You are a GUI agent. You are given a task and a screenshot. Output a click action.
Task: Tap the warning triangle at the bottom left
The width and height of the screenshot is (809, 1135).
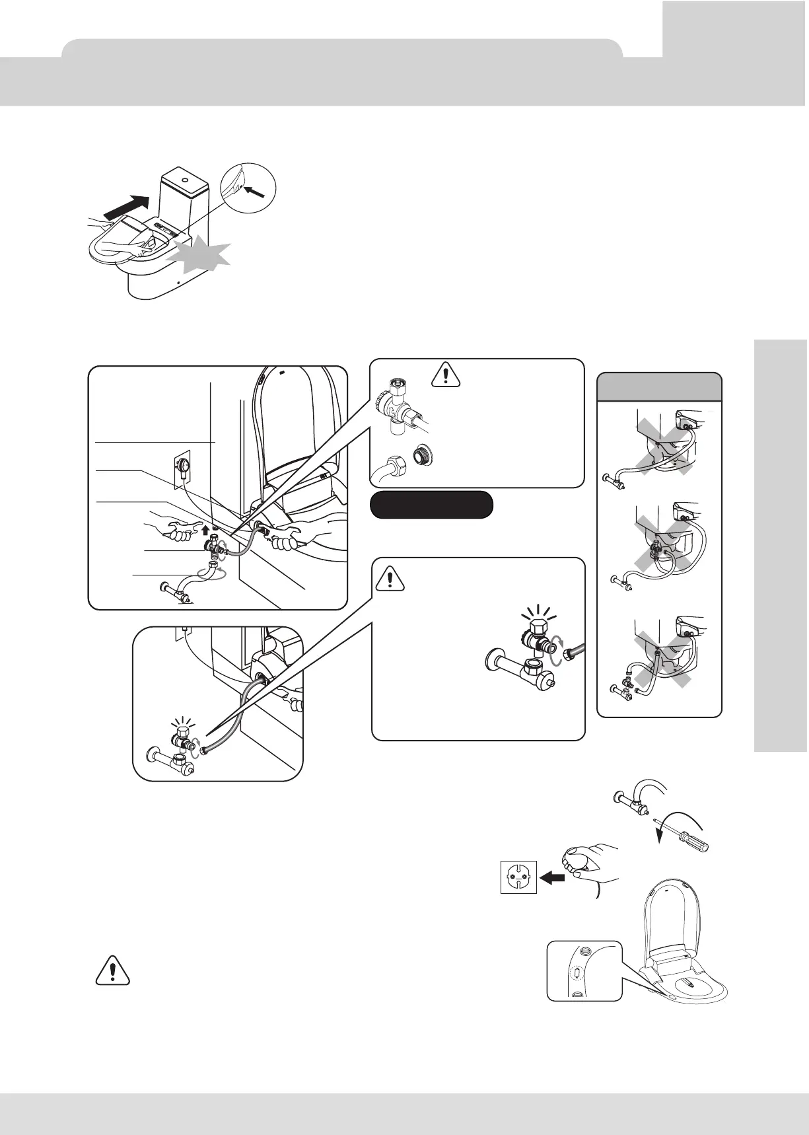(x=114, y=970)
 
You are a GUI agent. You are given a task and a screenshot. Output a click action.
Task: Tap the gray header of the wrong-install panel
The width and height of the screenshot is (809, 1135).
(x=659, y=386)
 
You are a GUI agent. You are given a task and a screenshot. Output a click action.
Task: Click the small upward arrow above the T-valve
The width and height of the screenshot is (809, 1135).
(x=205, y=529)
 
